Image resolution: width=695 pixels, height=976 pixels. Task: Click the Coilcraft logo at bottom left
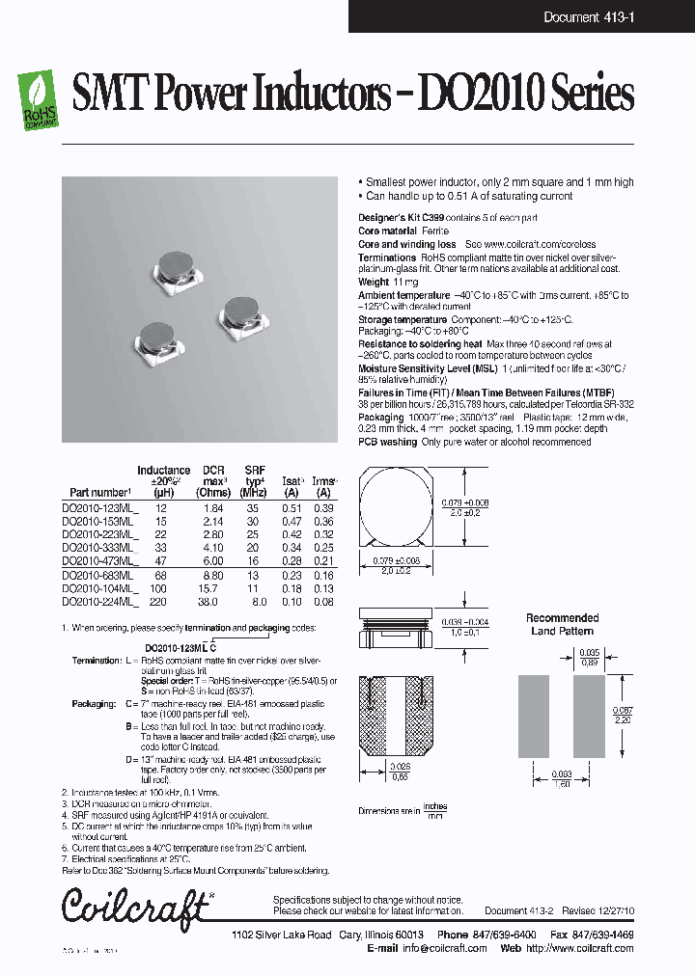(136, 906)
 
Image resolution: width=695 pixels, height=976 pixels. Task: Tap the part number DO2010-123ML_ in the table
(100, 508)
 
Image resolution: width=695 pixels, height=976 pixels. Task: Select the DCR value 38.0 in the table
(211, 600)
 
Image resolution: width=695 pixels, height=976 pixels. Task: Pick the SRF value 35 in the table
(253, 508)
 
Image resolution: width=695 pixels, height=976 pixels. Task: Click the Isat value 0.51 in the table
(292, 508)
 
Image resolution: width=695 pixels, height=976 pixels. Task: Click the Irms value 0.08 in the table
(324, 600)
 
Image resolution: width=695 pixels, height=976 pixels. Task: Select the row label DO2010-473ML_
(100, 560)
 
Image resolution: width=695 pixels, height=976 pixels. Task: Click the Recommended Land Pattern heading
(562, 624)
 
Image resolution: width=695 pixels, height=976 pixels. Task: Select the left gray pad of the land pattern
(533, 713)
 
